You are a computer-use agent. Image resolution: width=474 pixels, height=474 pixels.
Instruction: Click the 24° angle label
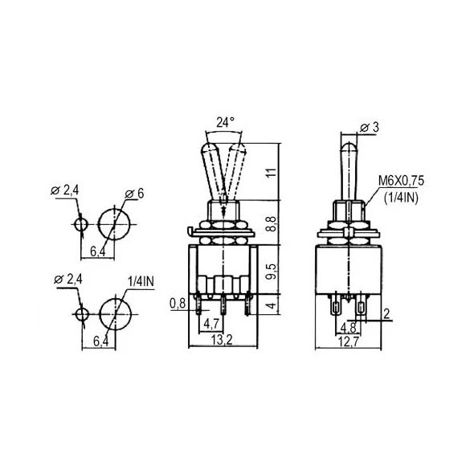[225, 122]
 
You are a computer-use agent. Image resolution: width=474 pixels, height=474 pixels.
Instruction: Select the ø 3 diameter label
[370, 128]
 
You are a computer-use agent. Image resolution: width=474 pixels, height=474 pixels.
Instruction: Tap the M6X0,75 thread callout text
[402, 181]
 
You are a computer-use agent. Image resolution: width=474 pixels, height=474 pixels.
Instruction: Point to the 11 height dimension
[272, 172]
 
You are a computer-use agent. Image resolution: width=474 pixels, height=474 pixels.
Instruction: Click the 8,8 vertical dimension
[272, 223]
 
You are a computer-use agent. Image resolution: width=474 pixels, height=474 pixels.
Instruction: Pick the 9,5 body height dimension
[272, 272]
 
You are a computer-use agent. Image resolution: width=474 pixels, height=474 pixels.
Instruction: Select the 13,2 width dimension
[222, 341]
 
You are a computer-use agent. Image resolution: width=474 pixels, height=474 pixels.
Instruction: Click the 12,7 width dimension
[348, 342]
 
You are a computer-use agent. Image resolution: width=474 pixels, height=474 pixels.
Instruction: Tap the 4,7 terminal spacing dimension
[211, 324]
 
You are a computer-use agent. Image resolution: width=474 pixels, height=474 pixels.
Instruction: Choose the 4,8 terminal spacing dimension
[348, 328]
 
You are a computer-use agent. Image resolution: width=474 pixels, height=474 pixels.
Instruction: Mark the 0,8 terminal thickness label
[178, 303]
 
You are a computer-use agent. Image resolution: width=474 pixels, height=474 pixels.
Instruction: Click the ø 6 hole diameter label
[134, 194]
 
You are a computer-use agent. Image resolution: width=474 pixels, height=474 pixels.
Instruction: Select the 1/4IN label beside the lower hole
[141, 282]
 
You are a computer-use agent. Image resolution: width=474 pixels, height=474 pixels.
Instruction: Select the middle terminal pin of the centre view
[223, 304]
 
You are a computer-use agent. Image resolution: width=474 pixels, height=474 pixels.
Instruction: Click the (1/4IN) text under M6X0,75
[401, 198]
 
